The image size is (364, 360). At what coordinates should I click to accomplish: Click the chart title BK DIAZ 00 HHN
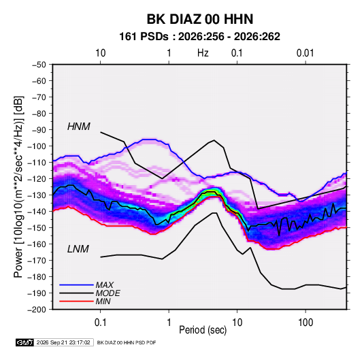200,19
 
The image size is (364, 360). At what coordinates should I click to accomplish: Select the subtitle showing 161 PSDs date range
199,37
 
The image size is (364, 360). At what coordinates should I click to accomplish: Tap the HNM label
79,127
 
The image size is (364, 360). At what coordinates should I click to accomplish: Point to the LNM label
78,249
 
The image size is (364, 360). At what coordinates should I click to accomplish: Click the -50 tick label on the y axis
39,65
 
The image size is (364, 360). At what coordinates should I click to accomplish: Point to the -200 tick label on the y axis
37,310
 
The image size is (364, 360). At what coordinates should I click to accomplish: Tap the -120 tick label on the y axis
37,179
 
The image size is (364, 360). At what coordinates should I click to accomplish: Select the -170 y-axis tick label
37,261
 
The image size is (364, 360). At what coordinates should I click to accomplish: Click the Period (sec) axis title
203,330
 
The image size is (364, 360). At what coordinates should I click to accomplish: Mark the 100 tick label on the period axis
305,323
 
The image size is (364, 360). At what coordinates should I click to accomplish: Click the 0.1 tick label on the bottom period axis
100,323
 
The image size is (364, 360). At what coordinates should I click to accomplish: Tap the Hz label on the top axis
203,53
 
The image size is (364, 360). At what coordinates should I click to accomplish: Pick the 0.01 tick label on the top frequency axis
305,53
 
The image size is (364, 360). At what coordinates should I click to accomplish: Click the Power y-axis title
18,186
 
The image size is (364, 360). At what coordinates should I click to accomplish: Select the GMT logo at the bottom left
24,342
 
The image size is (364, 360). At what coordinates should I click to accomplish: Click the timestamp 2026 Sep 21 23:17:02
63,342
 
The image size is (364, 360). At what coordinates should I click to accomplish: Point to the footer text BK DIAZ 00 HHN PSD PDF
127,342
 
